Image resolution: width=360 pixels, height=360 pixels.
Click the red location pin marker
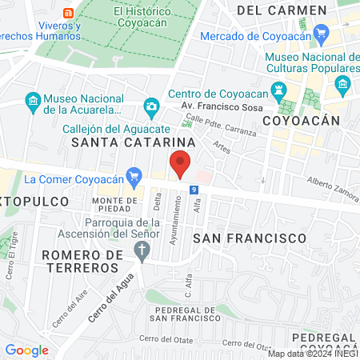click(x=181, y=164)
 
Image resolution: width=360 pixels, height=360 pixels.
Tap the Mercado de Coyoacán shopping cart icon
click(x=322, y=34)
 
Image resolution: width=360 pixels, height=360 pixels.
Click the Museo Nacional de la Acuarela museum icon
click(x=32, y=102)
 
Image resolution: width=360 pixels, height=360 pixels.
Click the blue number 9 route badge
click(x=194, y=190)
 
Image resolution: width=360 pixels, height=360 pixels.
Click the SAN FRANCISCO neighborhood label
click(x=250, y=238)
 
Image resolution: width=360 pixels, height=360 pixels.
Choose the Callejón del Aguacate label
click(x=106, y=128)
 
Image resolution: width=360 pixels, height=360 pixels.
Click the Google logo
click(x=26, y=350)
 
